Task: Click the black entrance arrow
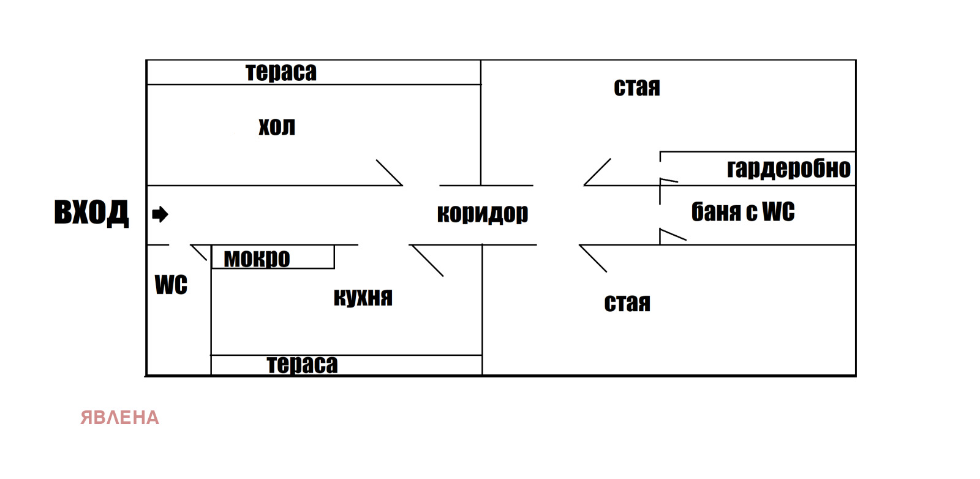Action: click(x=160, y=214)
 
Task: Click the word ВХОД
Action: click(x=91, y=213)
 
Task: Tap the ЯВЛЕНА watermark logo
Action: click(x=119, y=418)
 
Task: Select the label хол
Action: click(x=277, y=127)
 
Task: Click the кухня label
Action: click(x=363, y=297)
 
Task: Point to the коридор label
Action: click(x=483, y=213)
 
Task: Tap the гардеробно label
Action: click(x=788, y=168)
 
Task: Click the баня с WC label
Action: click(x=742, y=212)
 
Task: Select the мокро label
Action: click(x=257, y=258)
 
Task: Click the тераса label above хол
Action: click(x=281, y=72)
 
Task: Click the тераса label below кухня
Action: click(x=302, y=364)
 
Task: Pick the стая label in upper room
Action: click(x=637, y=88)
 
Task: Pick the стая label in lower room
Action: click(x=627, y=303)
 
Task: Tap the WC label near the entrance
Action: click(x=171, y=285)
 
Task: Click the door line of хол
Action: click(x=389, y=172)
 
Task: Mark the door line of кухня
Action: click(x=428, y=261)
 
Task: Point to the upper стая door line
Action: click(x=597, y=172)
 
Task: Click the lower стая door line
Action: click(x=593, y=258)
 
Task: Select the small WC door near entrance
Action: click(x=198, y=252)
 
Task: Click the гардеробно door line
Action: click(x=669, y=180)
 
